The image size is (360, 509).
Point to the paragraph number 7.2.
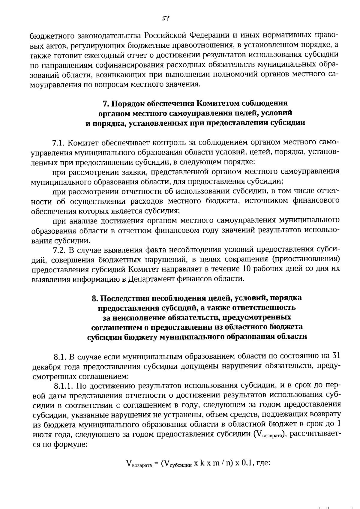(59, 250)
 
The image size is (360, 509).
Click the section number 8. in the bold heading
(95, 298)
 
